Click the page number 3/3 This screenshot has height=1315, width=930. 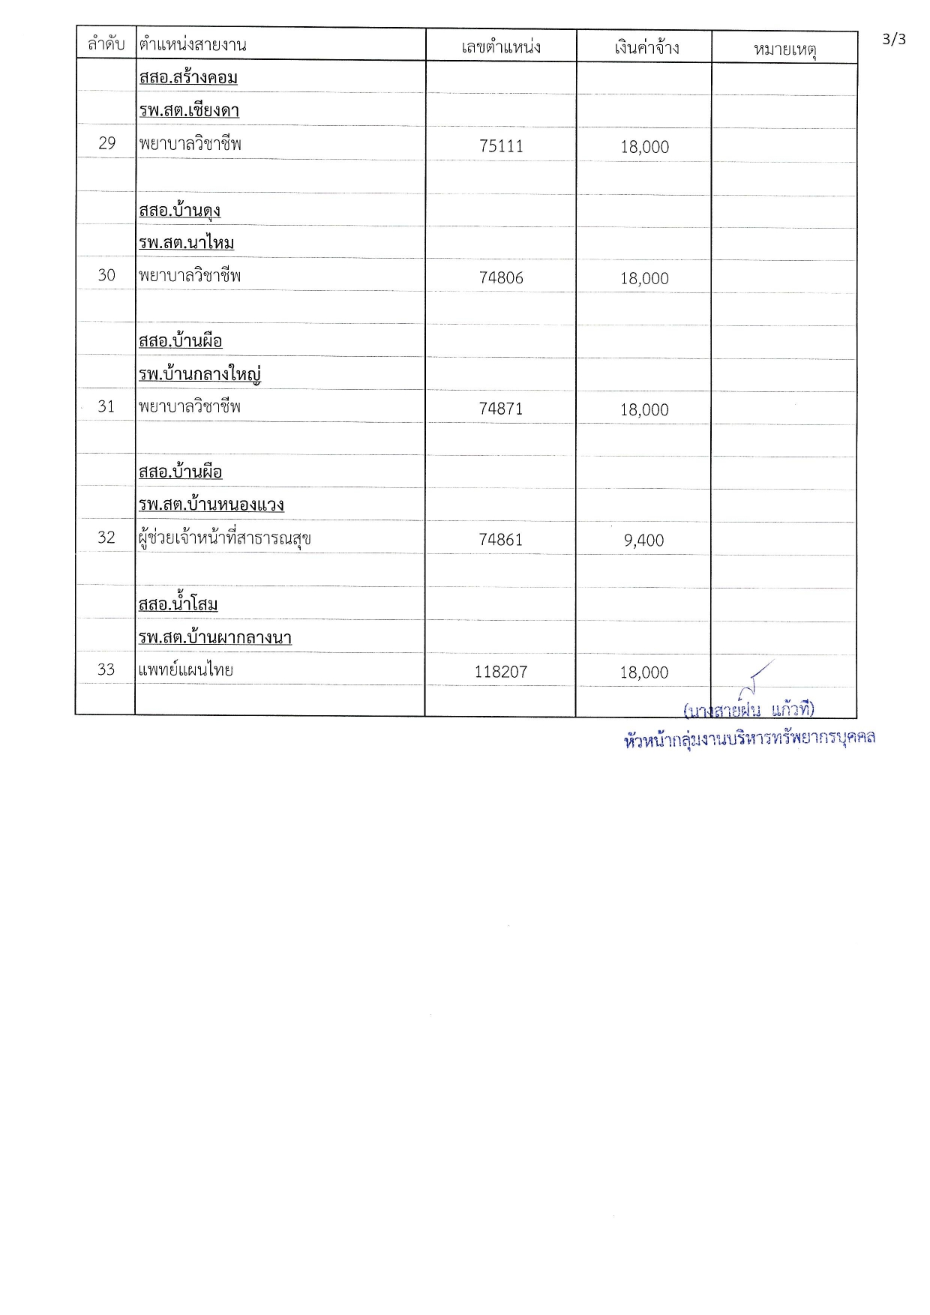[893, 39]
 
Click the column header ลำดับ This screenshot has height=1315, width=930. [106, 45]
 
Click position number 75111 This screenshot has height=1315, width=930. [501, 146]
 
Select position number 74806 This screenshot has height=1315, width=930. [501, 278]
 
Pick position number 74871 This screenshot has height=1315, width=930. [501, 409]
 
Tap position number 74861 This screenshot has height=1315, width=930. [501, 540]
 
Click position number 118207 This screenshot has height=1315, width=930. [501, 672]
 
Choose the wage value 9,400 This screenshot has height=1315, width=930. [643, 541]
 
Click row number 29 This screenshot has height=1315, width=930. [106, 143]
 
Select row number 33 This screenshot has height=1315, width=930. [106, 669]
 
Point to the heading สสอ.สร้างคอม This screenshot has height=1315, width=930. [188, 78]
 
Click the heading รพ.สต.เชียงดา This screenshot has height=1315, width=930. [189, 111]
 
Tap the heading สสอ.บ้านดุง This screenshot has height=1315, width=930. [179, 211]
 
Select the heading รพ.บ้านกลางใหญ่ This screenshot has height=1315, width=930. [199, 374]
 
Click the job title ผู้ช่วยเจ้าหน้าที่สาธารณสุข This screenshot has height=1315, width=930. [225, 538]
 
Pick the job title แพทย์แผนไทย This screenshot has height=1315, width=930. [186, 670]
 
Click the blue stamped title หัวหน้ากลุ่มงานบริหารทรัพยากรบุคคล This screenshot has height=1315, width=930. [749, 739]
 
